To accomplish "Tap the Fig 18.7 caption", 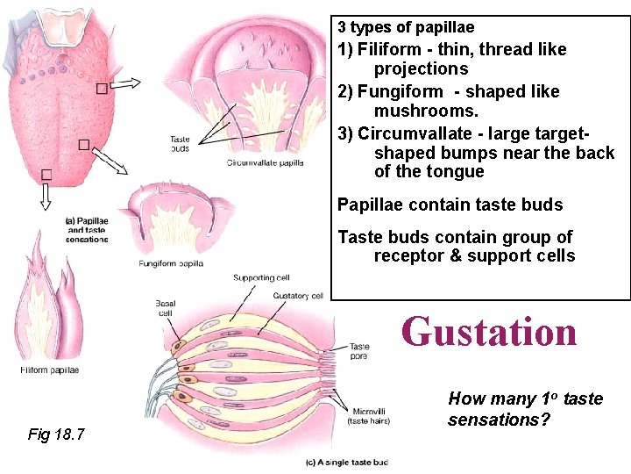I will pyautogui.click(x=56, y=434).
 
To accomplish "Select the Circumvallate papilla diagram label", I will pyautogui.click(x=266, y=162).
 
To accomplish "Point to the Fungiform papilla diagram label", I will pyautogui.click(x=171, y=263).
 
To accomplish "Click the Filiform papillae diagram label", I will pyautogui.click(x=50, y=370).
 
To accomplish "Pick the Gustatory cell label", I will pyautogui.click(x=298, y=296).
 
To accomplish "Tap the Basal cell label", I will pyautogui.click(x=166, y=308).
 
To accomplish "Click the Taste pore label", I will pyautogui.click(x=359, y=351).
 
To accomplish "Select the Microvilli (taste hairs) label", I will pyautogui.click(x=368, y=416).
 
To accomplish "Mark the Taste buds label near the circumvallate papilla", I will pyautogui.click(x=179, y=144).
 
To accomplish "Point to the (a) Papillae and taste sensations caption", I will pyautogui.click(x=86, y=230).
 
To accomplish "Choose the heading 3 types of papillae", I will pyautogui.click(x=406, y=27).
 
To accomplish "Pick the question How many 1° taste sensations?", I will pyautogui.click(x=525, y=409).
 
